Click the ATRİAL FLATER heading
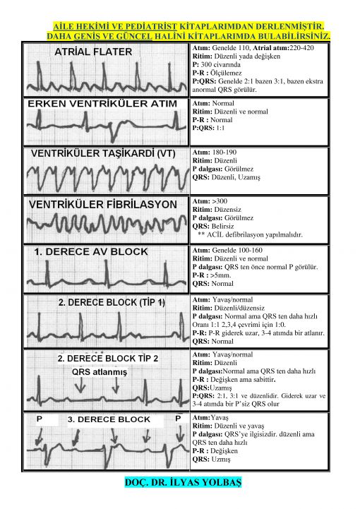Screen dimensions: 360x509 (93, 52)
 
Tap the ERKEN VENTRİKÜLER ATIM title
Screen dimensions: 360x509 (102, 104)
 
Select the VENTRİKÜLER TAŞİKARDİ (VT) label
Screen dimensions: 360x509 (103, 153)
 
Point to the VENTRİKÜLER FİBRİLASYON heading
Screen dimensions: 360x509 (103, 205)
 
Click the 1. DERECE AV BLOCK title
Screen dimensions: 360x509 (91, 251)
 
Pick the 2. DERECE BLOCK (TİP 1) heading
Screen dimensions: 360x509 (112, 302)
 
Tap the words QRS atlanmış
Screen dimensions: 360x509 (100, 372)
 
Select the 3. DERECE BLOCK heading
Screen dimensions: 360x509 (109, 419)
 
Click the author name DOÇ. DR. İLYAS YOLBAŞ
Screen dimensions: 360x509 (183, 482)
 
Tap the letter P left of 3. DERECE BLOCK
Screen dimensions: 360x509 (40, 419)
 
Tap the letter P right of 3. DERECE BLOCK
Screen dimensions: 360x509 (178, 419)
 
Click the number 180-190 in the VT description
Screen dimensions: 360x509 (224, 152)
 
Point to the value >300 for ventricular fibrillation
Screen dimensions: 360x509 (220, 201)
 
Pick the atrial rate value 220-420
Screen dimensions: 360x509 (301, 48)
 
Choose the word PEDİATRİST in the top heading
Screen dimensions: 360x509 (151, 26)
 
